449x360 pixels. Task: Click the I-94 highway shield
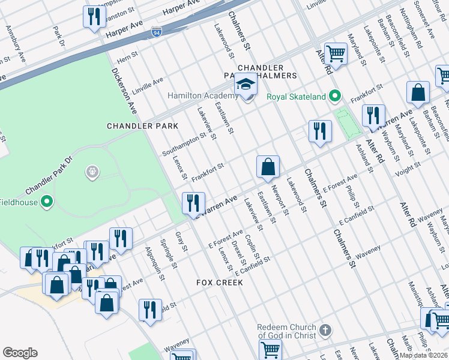coord(156,30)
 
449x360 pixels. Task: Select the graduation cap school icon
coord(246,85)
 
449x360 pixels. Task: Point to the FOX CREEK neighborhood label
coord(220,282)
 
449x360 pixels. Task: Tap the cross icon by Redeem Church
coord(325,330)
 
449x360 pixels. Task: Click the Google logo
coord(20,353)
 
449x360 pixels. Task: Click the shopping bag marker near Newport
coord(268,167)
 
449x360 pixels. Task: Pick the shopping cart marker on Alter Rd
coord(336,54)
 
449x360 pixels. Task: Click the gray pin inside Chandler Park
coord(92,173)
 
